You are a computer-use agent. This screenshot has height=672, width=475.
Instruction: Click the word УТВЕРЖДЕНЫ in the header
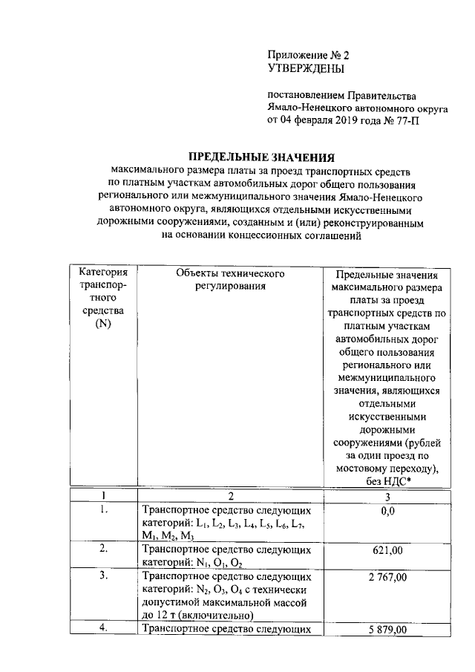(x=306, y=69)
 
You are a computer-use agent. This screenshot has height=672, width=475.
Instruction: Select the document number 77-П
(x=409, y=120)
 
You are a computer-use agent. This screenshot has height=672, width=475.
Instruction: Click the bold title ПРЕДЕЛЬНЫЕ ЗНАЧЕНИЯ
(x=261, y=157)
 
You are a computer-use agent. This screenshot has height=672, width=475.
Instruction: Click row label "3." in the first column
(x=104, y=576)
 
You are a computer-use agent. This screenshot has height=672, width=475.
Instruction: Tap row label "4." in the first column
(x=104, y=629)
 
